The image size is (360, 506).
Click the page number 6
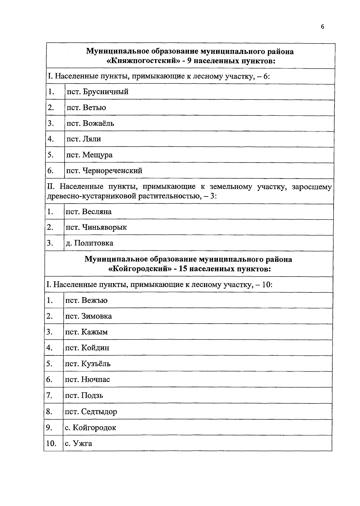click(322, 27)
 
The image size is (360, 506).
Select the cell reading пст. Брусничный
click(97, 92)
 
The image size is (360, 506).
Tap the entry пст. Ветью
click(86, 108)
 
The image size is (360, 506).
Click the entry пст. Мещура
click(89, 155)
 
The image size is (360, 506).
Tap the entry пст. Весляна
click(88, 212)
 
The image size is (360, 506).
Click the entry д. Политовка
click(89, 243)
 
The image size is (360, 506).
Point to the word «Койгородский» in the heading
click(141, 269)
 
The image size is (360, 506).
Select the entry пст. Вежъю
click(86, 301)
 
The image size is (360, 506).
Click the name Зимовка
click(97, 316)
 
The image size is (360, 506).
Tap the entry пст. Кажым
click(86, 332)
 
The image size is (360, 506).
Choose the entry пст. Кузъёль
click(88, 364)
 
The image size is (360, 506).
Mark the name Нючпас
click(95, 380)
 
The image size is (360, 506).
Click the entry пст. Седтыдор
click(91, 412)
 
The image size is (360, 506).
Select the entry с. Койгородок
click(90, 428)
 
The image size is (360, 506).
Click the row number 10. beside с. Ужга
click(51, 444)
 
